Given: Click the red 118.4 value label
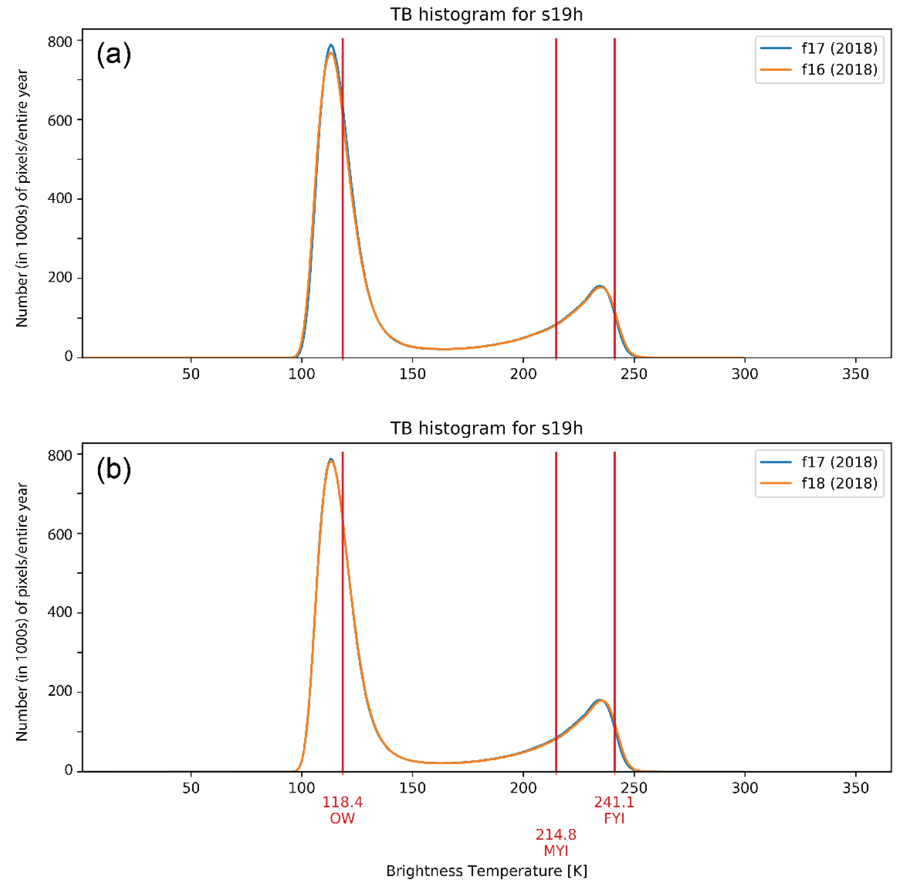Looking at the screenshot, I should pos(342,802).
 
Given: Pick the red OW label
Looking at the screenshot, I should pos(342,818).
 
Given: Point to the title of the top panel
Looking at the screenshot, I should pos(486,14).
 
